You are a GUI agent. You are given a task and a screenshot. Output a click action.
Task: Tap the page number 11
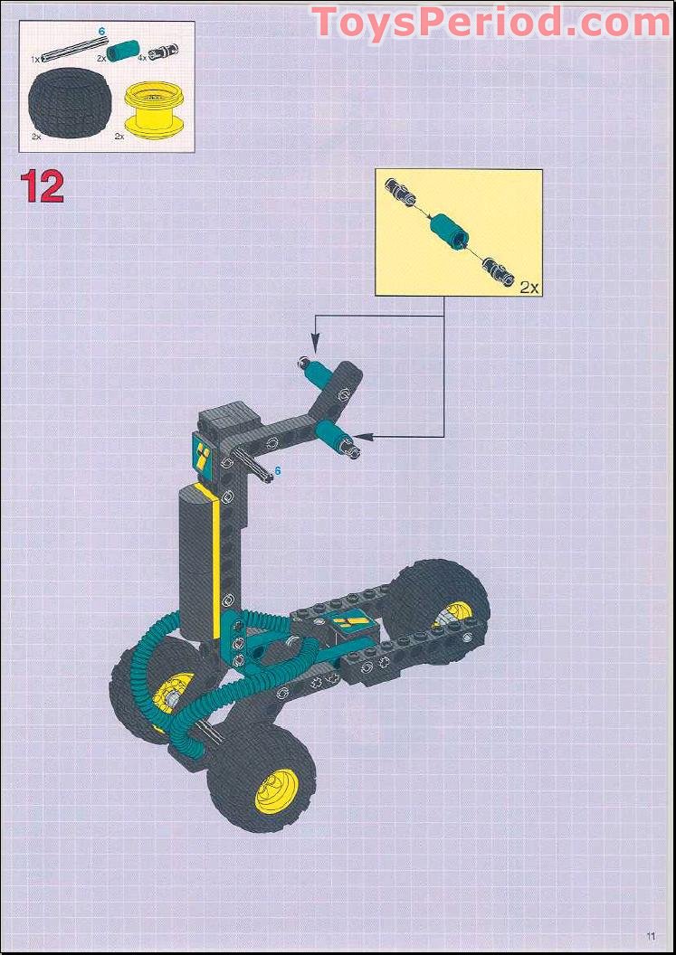coord(650,935)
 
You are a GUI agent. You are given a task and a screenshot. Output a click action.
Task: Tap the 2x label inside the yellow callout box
coord(528,287)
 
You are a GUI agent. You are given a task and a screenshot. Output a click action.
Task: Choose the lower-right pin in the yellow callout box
coord(497,268)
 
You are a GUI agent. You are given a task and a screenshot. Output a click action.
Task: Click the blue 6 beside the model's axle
coord(278,470)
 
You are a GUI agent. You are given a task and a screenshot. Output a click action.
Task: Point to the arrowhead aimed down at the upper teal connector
coord(315,345)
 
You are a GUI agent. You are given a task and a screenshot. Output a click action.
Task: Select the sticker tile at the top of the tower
coord(204,452)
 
